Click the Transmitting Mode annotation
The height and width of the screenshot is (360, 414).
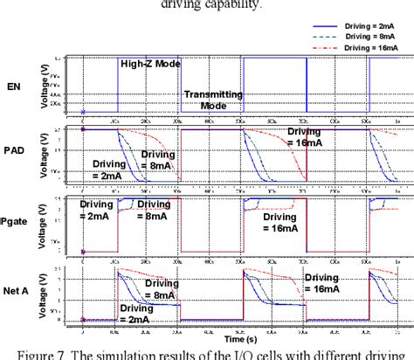click(x=208, y=99)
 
